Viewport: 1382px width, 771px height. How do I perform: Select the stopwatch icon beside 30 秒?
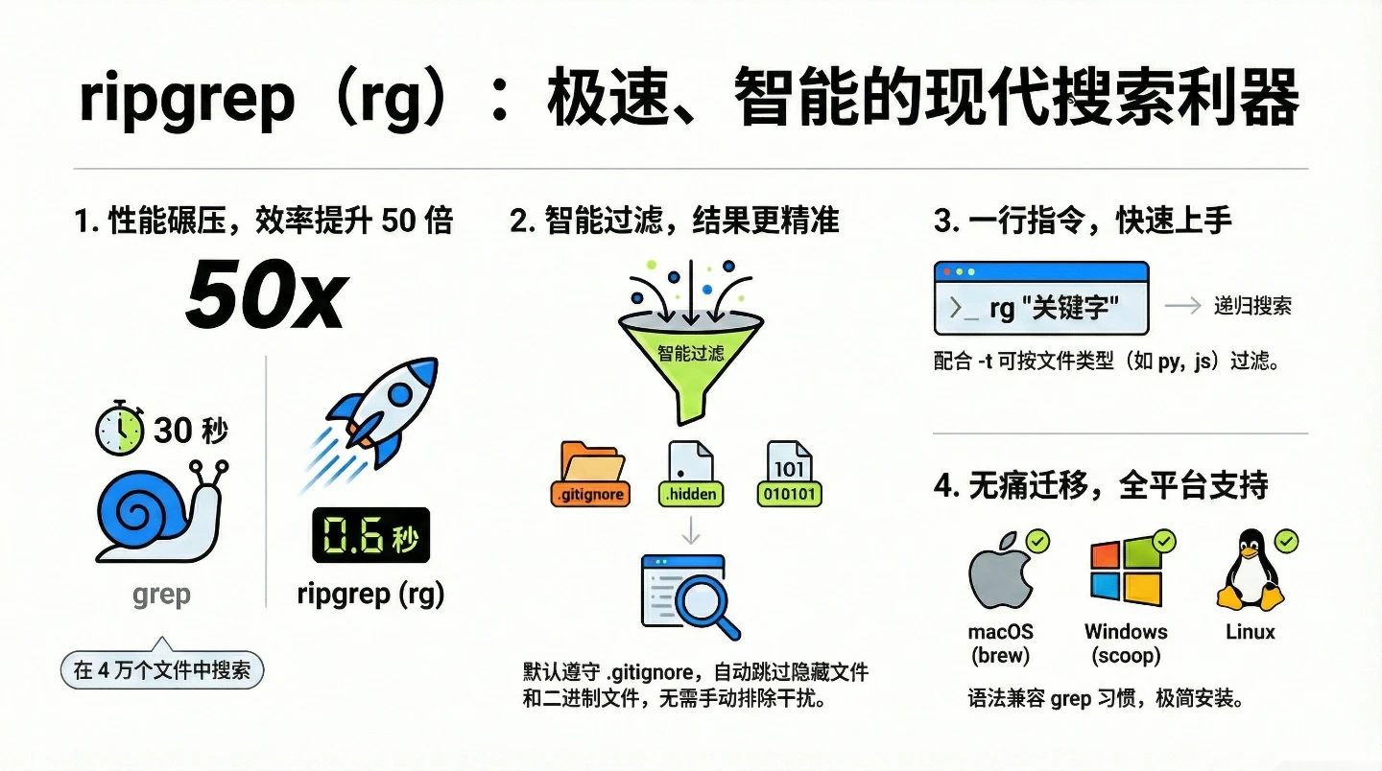(x=119, y=428)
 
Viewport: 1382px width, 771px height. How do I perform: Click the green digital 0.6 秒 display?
(x=370, y=534)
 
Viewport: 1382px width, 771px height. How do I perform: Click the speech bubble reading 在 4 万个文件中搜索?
(x=161, y=670)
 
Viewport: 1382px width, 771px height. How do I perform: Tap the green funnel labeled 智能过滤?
(x=691, y=359)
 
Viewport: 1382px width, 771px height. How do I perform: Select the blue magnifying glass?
(x=705, y=605)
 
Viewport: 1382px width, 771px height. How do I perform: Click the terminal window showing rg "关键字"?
(x=1040, y=298)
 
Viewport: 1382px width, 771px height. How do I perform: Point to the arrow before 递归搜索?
(x=1181, y=306)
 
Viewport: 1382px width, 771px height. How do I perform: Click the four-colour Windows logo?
(x=1126, y=572)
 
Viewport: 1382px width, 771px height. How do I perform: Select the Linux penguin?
(x=1250, y=572)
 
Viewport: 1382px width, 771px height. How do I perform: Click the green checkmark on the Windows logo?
(x=1163, y=542)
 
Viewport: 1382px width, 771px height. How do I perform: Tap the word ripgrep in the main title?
(x=186, y=100)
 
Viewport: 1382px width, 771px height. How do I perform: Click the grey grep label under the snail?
(x=161, y=596)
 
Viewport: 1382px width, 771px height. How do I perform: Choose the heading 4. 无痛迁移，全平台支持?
(x=1101, y=485)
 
